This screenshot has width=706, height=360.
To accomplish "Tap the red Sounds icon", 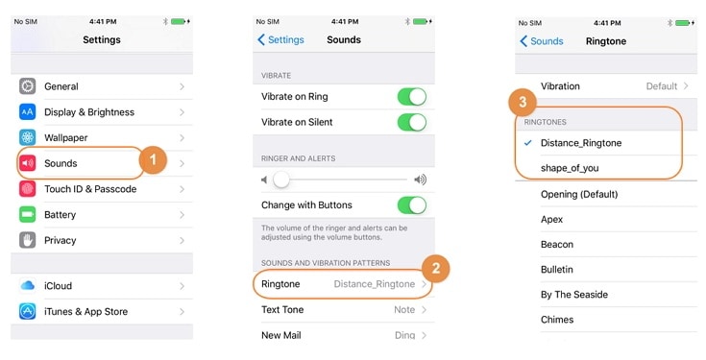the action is click(28, 163).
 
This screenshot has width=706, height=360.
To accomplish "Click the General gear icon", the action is click(28, 86).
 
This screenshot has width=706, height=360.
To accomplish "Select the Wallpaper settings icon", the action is click(28, 137).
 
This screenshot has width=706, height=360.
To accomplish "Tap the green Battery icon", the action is click(28, 214).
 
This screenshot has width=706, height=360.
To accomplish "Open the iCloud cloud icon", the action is click(28, 285).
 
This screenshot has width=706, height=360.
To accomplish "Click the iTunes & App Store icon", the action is click(28, 311).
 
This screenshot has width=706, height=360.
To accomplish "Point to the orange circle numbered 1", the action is click(153, 159).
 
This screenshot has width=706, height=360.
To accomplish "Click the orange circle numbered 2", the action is click(436, 268).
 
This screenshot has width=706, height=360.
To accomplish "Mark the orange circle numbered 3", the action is click(523, 102).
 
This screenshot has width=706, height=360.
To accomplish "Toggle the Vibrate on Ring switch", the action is click(412, 96).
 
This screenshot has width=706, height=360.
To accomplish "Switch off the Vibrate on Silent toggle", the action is click(412, 122).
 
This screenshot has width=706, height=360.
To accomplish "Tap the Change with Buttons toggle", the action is click(412, 205).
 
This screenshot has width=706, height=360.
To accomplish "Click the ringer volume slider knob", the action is click(281, 180).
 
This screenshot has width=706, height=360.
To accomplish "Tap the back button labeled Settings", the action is click(280, 39).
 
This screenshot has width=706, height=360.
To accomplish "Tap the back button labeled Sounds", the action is click(542, 41).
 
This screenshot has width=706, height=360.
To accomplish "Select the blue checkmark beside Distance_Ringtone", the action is click(528, 143).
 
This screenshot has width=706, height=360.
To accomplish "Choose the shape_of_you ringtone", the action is click(570, 168).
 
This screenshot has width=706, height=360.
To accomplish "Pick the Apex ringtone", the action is click(551, 219).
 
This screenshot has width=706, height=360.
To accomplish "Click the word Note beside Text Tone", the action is click(404, 309).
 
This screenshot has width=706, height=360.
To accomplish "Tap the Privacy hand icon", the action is click(28, 240).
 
